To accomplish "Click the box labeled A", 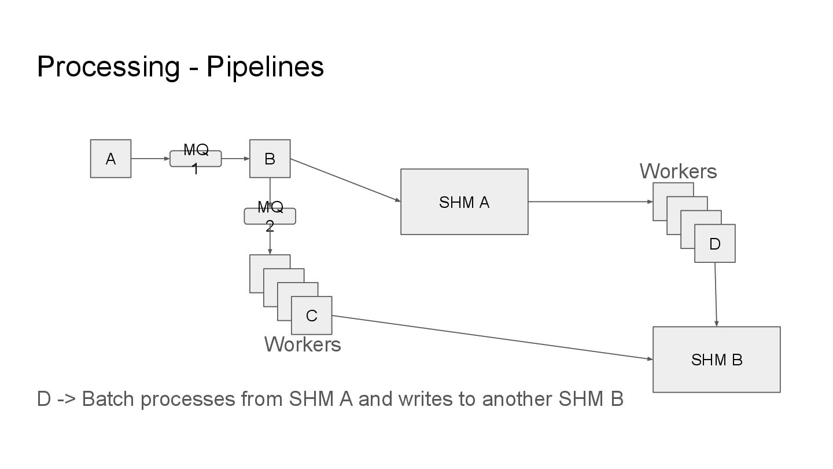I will point(110,159).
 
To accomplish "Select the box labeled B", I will point(270,159).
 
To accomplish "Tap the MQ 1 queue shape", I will point(196,159).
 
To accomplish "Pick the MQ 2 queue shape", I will point(270,216).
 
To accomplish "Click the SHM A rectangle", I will point(464,202).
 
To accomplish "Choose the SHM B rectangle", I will point(716,360).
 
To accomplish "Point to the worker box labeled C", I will point(311,316).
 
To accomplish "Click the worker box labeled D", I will point(715,244).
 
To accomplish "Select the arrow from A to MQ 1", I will point(150,159).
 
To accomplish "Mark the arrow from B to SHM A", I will point(345,180).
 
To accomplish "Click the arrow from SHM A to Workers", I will point(590,202).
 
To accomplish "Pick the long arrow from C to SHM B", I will point(492,338).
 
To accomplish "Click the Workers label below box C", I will point(303,345).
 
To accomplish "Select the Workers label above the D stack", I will point(678,171).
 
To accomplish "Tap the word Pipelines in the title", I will point(265,67).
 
